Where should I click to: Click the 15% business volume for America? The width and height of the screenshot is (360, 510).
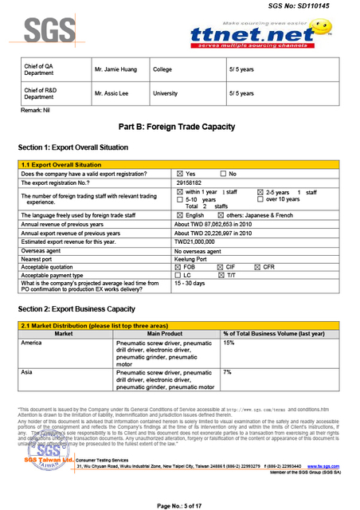[x=229, y=343]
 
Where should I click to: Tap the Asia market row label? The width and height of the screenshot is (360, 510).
[x=28, y=372]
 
